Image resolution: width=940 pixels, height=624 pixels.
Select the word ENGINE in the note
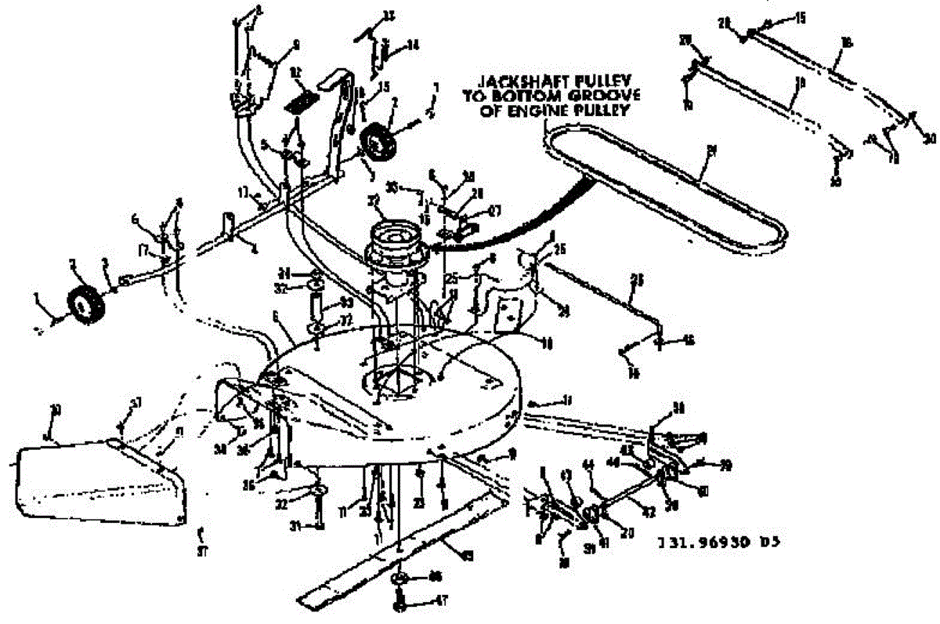tap(551, 111)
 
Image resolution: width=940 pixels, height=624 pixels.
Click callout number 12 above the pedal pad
tap(296, 72)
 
